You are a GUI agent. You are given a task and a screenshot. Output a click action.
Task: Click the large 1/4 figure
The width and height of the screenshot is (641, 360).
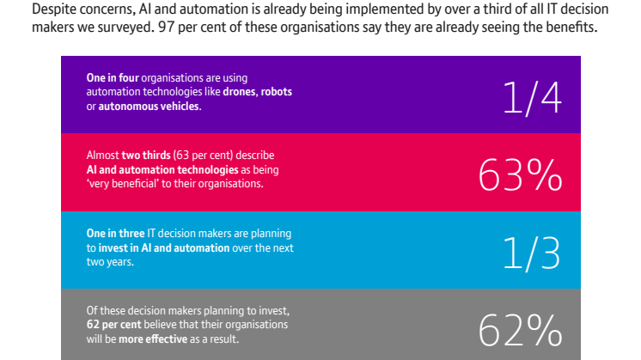click(532, 98)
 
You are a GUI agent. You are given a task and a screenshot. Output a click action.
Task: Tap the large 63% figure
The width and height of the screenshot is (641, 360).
click(521, 175)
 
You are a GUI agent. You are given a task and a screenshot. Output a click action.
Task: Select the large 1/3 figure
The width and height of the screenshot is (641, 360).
click(532, 253)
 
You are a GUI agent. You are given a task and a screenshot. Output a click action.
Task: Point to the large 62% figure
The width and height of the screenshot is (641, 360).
click(521, 330)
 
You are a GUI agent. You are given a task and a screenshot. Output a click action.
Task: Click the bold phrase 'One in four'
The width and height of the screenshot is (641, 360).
click(113, 77)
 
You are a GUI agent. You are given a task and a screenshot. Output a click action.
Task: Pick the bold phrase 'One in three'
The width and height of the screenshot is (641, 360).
click(115, 234)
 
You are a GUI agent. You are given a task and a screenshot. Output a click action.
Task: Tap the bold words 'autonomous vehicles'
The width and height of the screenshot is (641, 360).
click(149, 107)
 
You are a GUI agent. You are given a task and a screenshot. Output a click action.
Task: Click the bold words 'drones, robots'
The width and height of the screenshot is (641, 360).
click(257, 92)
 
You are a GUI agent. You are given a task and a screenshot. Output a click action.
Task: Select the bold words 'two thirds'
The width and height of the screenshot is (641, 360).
click(146, 156)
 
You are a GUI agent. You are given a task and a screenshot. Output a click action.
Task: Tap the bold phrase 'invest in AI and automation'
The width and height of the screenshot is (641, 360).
click(164, 247)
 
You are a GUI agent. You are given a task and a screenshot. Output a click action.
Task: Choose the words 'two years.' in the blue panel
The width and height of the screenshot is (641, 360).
click(110, 262)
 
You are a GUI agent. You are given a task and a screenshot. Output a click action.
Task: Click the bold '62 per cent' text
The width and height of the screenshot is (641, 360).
click(113, 325)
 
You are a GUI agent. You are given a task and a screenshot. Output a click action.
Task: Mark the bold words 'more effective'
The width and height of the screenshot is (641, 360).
click(153, 339)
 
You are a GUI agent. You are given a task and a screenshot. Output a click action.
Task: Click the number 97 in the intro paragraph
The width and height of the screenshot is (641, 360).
click(167, 27)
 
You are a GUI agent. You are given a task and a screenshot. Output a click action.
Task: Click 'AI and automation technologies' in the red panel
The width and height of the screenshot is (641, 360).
click(162, 169)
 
